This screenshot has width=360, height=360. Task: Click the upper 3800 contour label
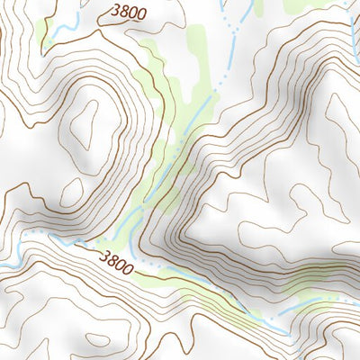pyautogui.click(x=128, y=13)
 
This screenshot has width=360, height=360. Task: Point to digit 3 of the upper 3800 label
pyautogui.click(x=117, y=10)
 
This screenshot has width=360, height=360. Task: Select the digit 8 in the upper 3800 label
pyautogui.click(x=124, y=12)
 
